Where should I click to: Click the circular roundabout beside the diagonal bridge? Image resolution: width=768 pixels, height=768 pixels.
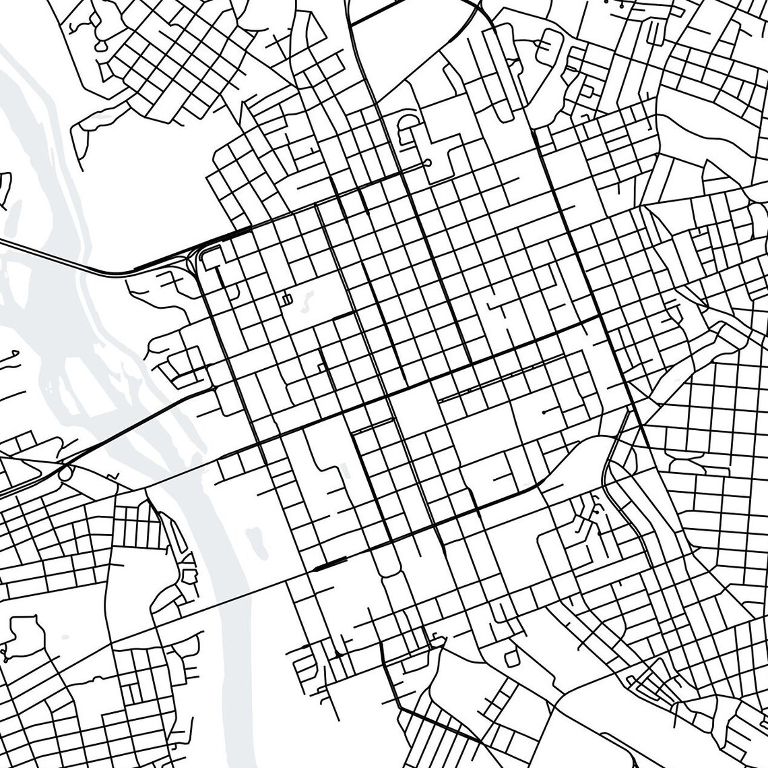[65, 475]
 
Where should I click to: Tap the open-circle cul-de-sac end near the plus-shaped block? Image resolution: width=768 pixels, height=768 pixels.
[427, 163]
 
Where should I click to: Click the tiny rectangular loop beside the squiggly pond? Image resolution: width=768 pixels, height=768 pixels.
[288, 298]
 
